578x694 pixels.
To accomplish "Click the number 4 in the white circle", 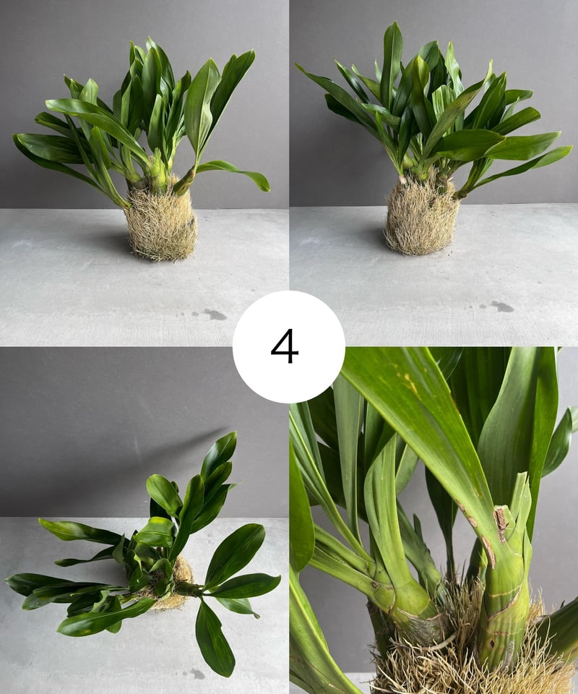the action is [285, 346].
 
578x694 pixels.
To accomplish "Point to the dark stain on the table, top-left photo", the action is [215, 314].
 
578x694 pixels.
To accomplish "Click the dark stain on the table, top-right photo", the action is [502, 306].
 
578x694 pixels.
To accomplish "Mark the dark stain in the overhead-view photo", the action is [197, 674].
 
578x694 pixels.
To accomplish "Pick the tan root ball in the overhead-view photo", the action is [177, 588].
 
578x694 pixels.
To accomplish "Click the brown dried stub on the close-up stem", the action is [500, 522].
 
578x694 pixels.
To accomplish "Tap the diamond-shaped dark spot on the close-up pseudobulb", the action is [492, 643].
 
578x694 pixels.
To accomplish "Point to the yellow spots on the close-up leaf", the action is [409, 382].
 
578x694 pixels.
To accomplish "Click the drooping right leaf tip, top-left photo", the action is [265, 186].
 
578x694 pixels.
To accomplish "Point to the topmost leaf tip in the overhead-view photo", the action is [233, 434].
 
